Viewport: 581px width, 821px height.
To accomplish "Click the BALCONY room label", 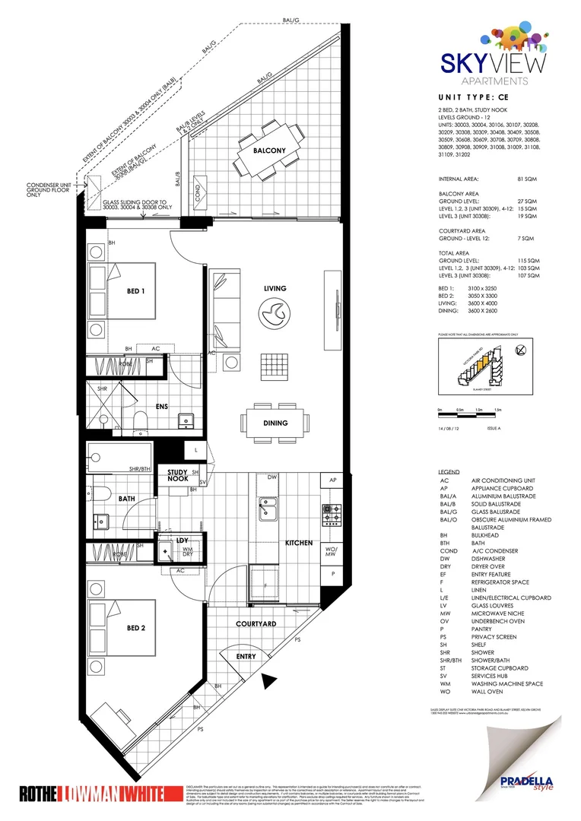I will click(x=270, y=151).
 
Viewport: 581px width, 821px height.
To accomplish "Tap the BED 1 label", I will click(x=136, y=291).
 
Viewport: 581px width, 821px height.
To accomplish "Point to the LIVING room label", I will click(x=275, y=289).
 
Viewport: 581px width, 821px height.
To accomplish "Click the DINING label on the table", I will click(x=276, y=423).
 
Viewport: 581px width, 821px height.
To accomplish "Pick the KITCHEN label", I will click(x=299, y=543).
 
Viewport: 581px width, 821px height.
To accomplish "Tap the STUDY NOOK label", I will click(x=177, y=475).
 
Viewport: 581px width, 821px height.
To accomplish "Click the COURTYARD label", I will click(x=255, y=623).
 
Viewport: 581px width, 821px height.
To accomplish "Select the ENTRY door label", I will click(x=246, y=655).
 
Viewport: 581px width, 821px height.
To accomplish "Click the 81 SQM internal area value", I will click(x=526, y=179).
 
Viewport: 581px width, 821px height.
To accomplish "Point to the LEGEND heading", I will click(x=449, y=472).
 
